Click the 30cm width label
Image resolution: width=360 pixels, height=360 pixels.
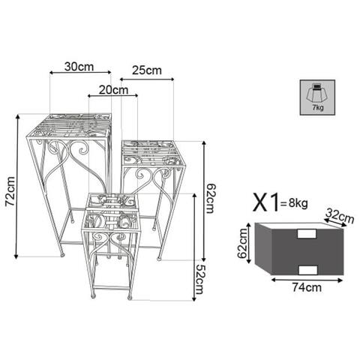[79, 67]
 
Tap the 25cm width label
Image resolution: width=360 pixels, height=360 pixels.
[147, 70]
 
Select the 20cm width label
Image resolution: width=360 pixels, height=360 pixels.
[113, 90]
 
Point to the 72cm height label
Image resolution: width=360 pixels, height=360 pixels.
[10, 191]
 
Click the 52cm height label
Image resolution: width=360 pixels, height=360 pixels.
[200, 279]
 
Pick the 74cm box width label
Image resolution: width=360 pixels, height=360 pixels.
[307, 287]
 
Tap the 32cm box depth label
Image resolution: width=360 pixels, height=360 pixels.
[340, 216]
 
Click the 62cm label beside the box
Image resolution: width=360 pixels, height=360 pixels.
[242, 243]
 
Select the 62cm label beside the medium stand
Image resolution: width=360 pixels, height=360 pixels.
[210, 198]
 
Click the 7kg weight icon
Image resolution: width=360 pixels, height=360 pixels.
[317, 97]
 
